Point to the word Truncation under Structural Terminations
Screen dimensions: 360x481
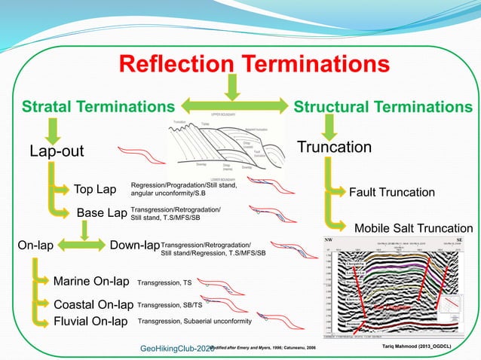point(335,147)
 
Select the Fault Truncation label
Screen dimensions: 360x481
point(391,192)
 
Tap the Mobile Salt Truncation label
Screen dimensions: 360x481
point(413,228)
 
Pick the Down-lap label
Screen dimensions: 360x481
point(135,246)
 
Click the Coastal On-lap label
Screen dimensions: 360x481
point(93,305)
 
